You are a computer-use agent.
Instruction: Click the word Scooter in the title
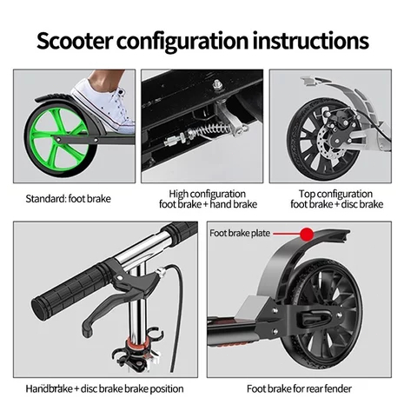pos(74,41)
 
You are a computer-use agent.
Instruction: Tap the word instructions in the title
pos(311,40)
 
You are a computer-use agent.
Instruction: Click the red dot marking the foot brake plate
pos(307,234)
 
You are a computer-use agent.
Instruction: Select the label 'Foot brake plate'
pos(240,233)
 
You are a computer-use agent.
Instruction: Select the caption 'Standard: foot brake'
pos(68,199)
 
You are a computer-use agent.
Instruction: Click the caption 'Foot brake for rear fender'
pos(299,388)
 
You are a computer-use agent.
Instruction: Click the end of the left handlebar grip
pos(38,307)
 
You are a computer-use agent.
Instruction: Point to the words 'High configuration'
pos(208,194)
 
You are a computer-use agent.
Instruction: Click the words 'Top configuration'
pos(335,194)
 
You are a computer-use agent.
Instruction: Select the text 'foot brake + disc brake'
pos(337,204)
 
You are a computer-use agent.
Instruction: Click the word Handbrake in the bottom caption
pos(50,388)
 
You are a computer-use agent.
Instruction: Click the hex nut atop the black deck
pos(216,85)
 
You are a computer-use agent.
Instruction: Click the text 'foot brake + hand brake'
pos(209,204)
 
